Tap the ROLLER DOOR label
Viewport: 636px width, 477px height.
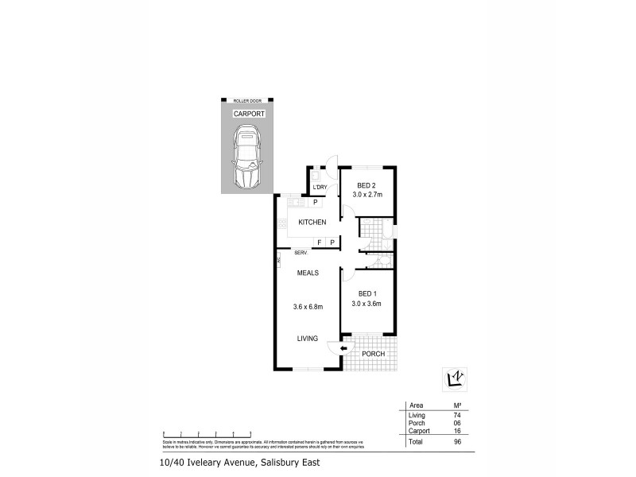tap(248, 101)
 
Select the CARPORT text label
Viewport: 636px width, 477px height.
tap(248, 114)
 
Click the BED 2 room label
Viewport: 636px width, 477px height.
tap(366, 186)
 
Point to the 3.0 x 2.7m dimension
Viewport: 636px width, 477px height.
tap(366, 195)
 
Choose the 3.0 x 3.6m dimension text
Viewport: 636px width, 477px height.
tap(366, 304)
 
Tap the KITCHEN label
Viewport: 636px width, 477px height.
tap(312, 222)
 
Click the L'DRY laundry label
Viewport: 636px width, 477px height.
tap(320, 187)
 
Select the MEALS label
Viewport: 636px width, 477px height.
tap(308, 273)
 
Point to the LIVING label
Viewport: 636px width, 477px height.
tap(307, 339)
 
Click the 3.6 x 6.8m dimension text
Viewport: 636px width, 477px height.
tap(308, 307)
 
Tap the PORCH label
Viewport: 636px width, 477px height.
tap(374, 354)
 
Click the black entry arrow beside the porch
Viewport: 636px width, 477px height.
tap(343, 348)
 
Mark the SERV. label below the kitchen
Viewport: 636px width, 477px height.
tap(301, 253)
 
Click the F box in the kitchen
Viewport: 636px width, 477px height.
tap(319, 242)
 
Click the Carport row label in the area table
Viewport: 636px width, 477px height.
tap(418, 430)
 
